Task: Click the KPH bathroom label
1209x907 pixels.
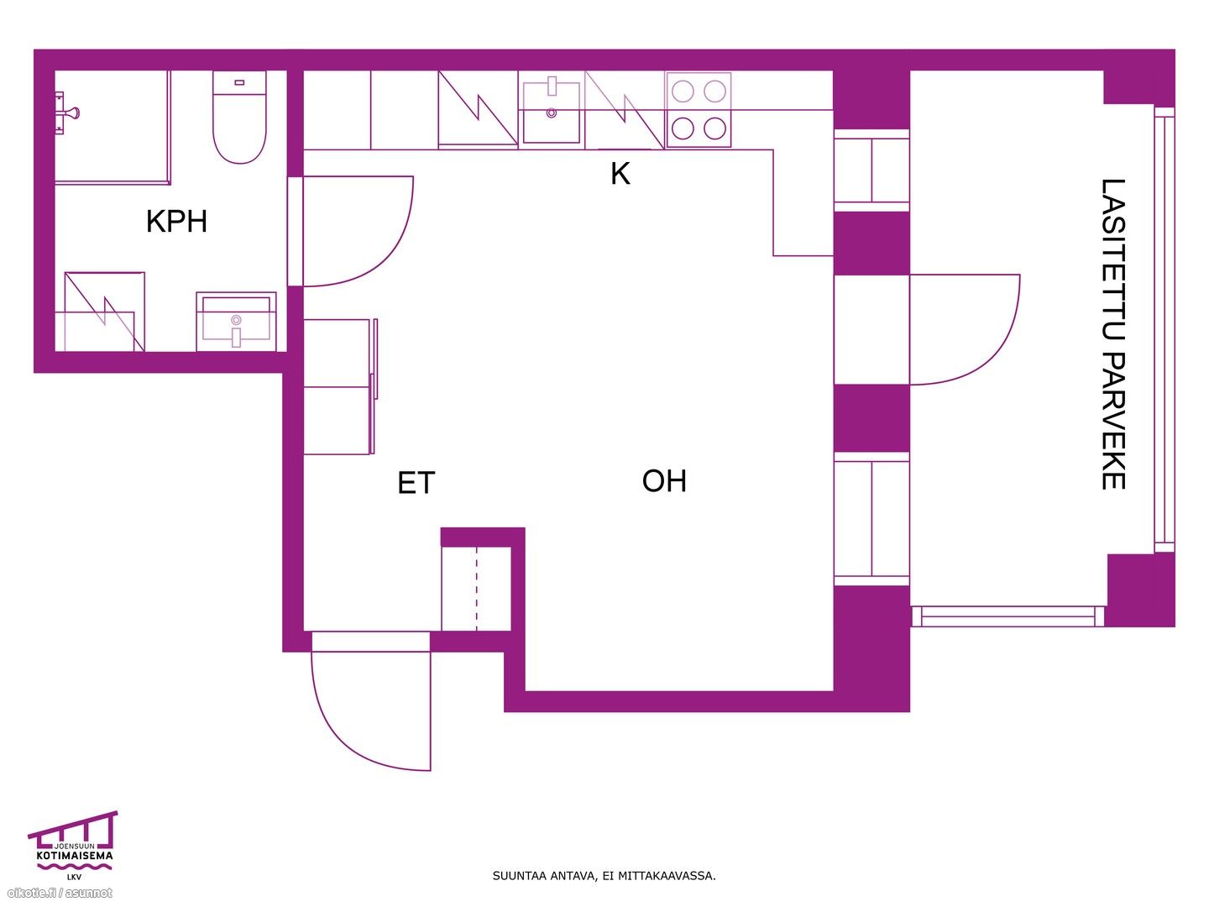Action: coord(176,222)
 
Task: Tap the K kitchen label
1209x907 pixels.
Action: coord(620,174)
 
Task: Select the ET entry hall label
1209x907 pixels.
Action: coord(416,482)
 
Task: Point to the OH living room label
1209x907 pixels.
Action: coord(664,480)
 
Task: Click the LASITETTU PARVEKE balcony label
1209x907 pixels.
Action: coord(1113,333)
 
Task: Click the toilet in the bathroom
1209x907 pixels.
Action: coord(239,118)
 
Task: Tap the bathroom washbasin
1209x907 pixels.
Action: coord(236,322)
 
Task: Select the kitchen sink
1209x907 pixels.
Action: coord(551,113)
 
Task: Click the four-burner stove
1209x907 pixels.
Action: coord(699,109)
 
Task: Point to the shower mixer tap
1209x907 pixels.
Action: coord(66,113)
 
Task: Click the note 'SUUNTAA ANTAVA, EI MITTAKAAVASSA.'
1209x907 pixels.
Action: coord(604,876)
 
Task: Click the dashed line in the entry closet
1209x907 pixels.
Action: coord(477,588)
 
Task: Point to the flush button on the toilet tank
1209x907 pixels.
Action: coord(239,82)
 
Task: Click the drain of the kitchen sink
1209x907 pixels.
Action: coord(552,113)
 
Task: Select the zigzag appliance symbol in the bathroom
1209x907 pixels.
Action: coord(105,312)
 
